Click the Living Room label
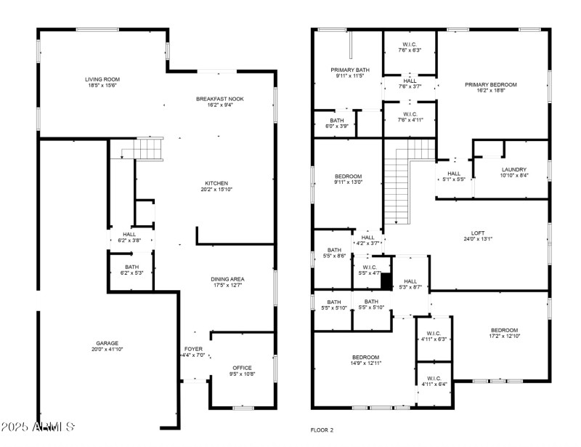click(102, 79)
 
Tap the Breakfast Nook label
click(219, 99)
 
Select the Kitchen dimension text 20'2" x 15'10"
click(216, 190)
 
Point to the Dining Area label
click(227, 279)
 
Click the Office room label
click(242, 368)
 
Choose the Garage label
click(107, 343)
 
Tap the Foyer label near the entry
click(193, 349)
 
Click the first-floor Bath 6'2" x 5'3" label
click(131, 267)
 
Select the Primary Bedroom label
click(490, 84)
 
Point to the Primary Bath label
click(349, 70)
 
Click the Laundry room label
click(513, 169)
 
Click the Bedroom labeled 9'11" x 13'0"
click(348, 177)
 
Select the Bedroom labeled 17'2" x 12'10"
click(504, 329)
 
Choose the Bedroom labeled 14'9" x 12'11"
click(365, 357)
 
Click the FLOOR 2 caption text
click(322, 430)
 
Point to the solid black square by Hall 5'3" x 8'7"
click(386, 281)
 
